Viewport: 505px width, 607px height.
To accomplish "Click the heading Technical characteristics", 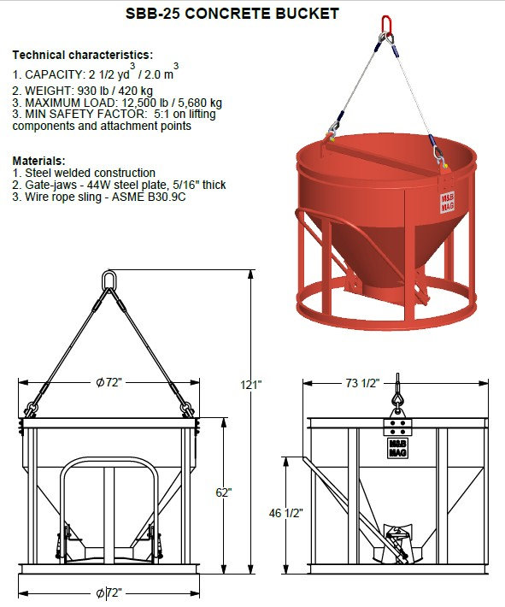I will click(x=83, y=55).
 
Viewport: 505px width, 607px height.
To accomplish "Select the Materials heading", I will click(x=39, y=160).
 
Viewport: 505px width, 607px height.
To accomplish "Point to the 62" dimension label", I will click(x=223, y=492).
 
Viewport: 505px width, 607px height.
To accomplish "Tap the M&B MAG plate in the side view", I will click(x=397, y=448).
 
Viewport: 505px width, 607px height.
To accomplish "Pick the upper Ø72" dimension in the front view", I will click(x=109, y=382).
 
